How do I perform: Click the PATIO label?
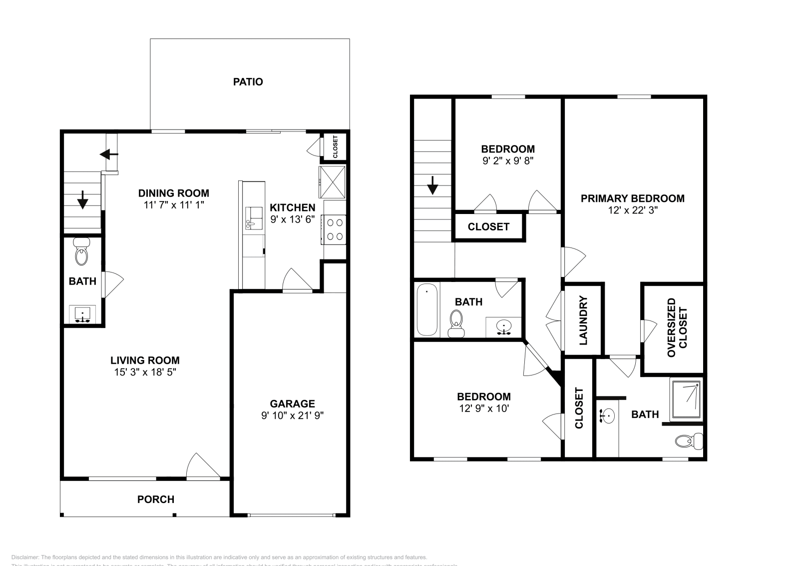click(x=248, y=81)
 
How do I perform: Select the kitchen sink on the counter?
click(x=254, y=218)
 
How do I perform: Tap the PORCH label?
click(x=156, y=499)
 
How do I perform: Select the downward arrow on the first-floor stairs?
click(x=82, y=201)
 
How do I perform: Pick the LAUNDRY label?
click(x=583, y=320)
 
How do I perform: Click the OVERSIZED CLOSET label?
click(x=677, y=327)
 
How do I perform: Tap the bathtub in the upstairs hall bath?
click(x=427, y=309)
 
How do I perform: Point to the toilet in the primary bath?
click(x=689, y=441)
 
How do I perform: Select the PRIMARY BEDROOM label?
click(x=632, y=198)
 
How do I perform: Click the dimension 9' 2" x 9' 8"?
click(x=508, y=161)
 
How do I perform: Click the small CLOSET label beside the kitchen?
click(x=335, y=146)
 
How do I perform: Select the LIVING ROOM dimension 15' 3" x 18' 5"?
click(x=145, y=372)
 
